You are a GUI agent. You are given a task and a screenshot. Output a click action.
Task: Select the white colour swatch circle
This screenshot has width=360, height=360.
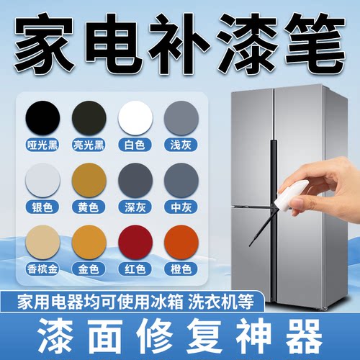(x=133, y=116)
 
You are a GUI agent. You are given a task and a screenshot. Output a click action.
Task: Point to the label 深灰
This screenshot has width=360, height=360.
(x=133, y=207)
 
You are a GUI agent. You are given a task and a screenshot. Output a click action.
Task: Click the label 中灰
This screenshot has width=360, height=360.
(x=180, y=207)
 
